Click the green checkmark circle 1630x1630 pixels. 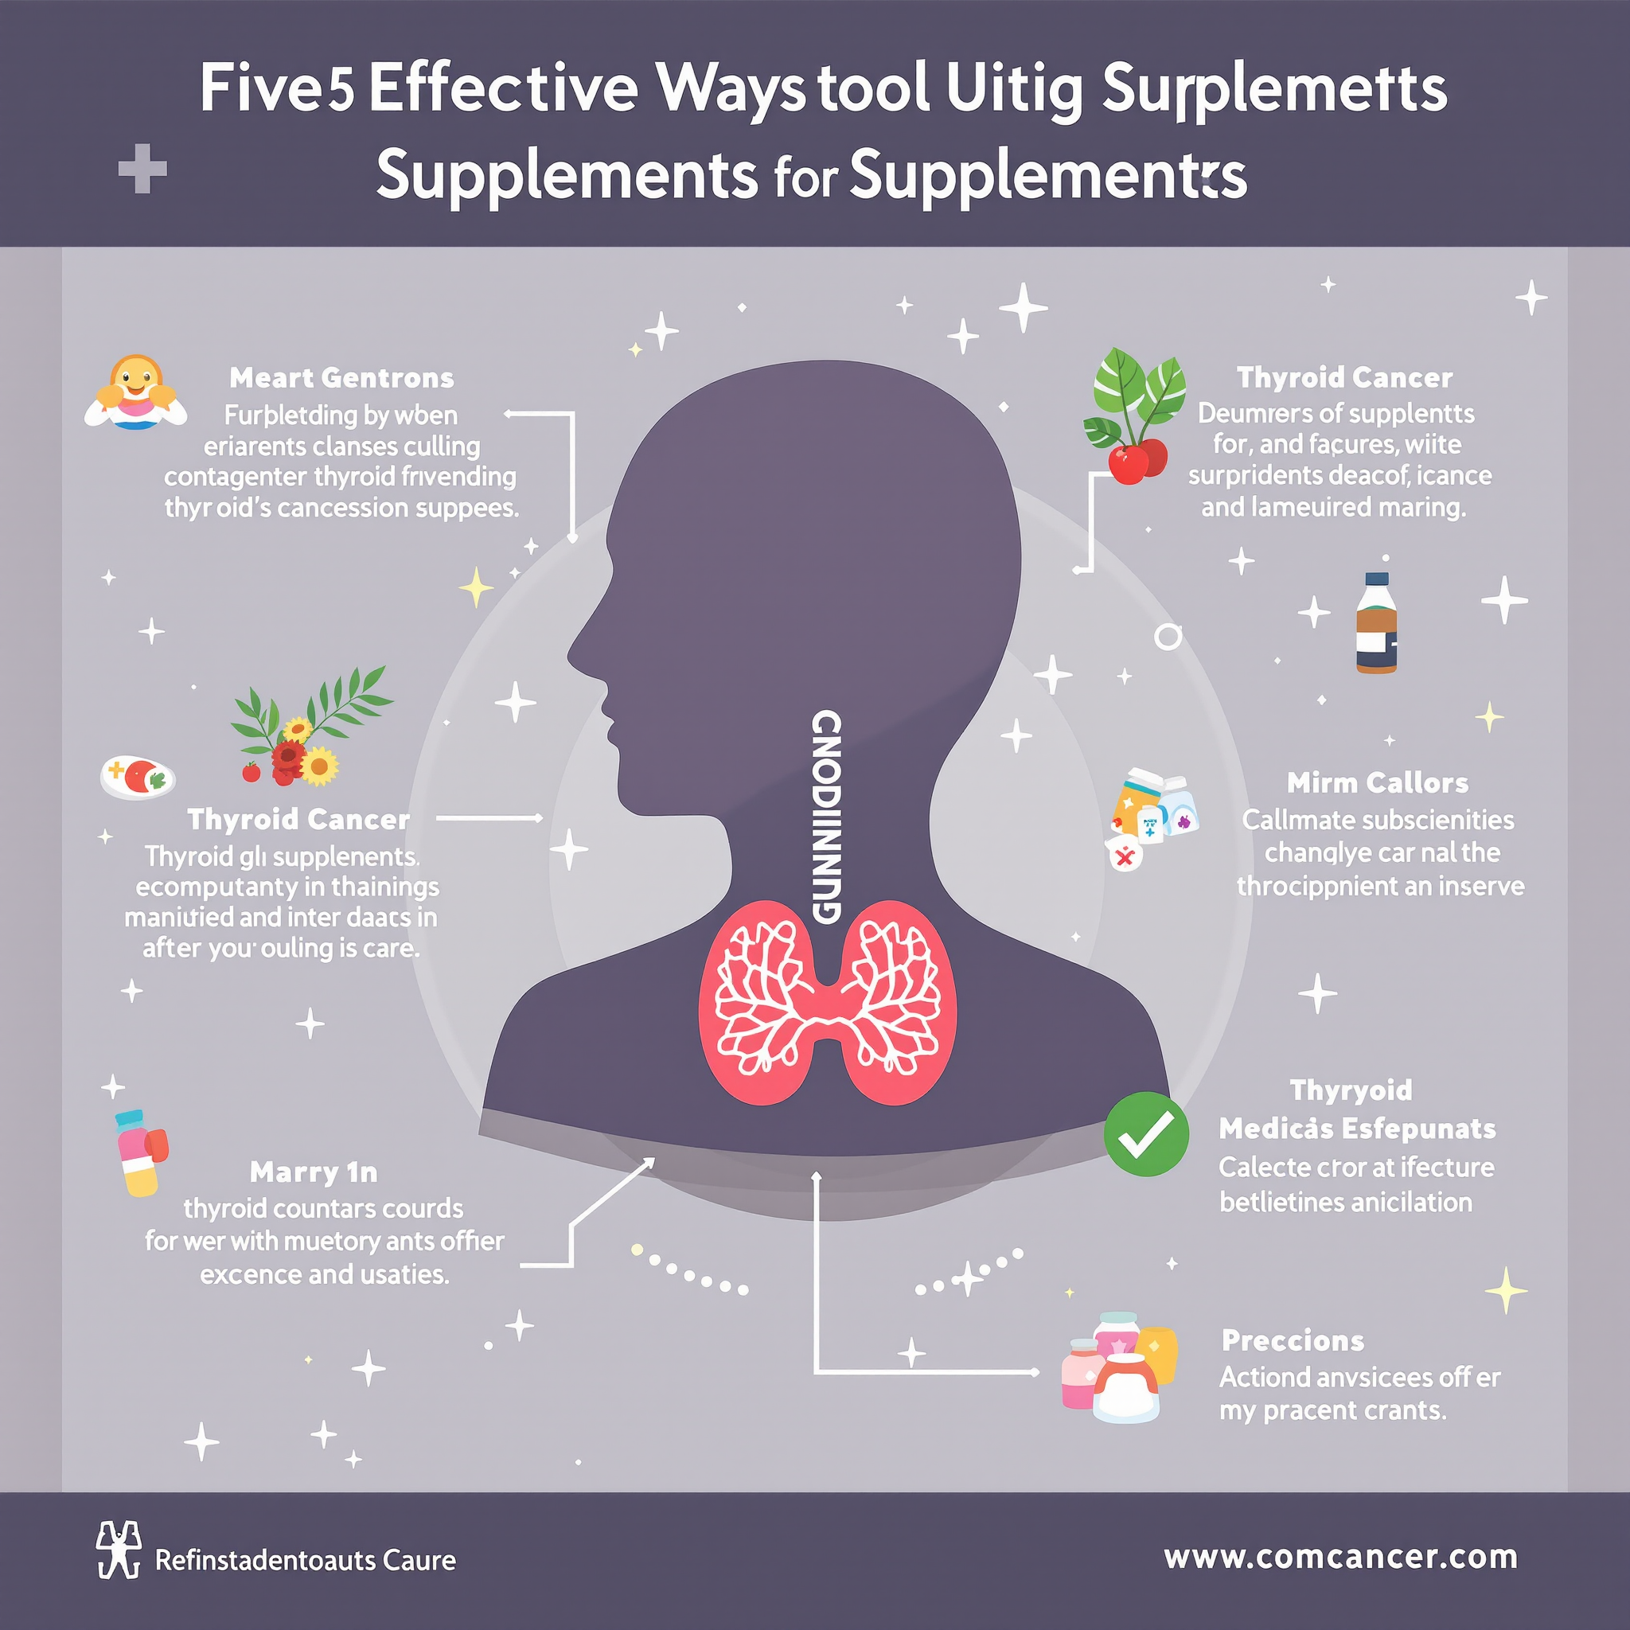point(1146,1134)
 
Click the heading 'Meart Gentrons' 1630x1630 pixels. point(341,378)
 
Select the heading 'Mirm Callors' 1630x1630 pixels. point(1377,783)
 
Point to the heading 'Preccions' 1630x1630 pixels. point(1293,1340)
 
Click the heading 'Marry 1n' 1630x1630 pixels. point(314,1172)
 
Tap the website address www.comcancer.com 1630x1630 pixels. point(1340,1557)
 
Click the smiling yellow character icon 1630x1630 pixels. point(136,392)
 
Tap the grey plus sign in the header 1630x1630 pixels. point(142,169)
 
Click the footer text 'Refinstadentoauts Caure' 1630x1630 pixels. point(306,1560)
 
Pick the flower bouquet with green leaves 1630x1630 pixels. point(309,730)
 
